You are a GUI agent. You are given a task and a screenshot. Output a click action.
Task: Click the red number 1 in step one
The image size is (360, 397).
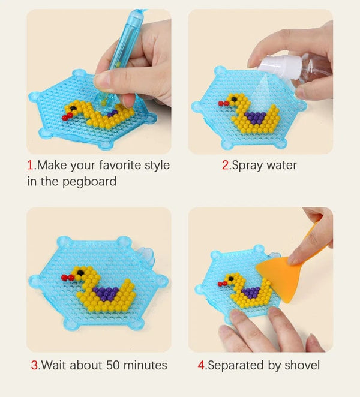point(29,165)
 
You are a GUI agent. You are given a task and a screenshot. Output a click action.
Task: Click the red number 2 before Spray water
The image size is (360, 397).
point(226,165)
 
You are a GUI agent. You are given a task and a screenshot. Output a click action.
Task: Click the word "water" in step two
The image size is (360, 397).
point(283,165)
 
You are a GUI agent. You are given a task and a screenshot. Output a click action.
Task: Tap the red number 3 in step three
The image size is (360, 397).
point(35,365)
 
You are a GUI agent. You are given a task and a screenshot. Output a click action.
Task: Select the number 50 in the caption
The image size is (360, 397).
point(113,365)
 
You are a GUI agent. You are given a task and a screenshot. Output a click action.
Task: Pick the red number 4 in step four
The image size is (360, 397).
point(202,365)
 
